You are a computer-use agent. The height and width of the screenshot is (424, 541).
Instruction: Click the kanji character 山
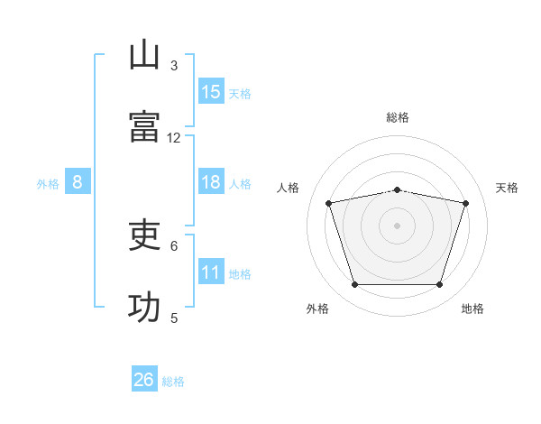(x=144, y=55)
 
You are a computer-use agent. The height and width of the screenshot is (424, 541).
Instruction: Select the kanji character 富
(x=144, y=126)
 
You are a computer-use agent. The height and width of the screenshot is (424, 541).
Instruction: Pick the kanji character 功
(x=144, y=308)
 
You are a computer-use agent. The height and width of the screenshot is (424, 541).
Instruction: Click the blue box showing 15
(x=211, y=91)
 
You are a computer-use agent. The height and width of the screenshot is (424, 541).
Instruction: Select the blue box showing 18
(x=211, y=182)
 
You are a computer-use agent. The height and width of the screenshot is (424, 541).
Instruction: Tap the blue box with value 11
(x=211, y=272)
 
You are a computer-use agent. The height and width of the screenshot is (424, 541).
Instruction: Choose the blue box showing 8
(x=78, y=182)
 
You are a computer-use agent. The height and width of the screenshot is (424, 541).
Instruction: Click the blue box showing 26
(x=144, y=380)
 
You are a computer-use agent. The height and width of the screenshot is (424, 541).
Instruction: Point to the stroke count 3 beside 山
(x=174, y=65)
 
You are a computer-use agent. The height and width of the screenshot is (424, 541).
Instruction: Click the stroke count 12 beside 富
(x=174, y=137)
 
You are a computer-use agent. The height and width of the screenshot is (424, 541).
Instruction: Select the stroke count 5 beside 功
(x=174, y=318)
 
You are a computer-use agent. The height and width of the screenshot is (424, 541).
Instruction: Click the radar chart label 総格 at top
(x=397, y=117)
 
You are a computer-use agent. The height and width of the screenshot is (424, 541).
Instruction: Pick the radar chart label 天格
(x=508, y=188)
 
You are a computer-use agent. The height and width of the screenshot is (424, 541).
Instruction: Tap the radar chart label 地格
(x=472, y=309)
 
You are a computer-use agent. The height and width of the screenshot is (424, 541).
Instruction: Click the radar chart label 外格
(x=317, y=309)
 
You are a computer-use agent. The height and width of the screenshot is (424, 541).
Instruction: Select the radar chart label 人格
(x=289, y=188)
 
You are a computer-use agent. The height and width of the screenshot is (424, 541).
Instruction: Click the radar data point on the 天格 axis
(x=465, y=203)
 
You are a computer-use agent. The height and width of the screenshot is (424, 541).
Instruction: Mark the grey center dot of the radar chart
(x=397, y=226)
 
